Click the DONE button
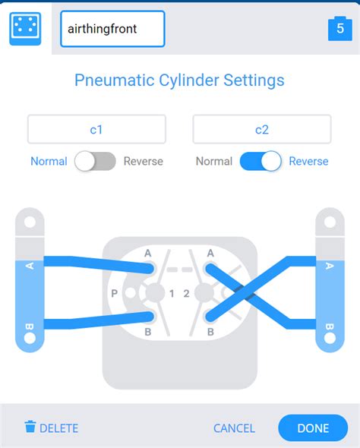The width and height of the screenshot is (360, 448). pyautogui.click(x=313, y=428)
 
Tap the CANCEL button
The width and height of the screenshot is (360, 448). pyautogui.click(x=234, y=428)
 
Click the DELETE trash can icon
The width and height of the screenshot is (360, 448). pyautogui.click(x=30, y=427)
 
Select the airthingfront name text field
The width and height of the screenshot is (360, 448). pyautogui.click(x=112, y=29)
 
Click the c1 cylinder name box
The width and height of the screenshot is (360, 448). pyautogui.click(x=96, y=129)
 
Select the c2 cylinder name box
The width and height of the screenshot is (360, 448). pyautogui.click(x=262, y=129)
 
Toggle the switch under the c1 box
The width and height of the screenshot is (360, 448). pyautogui.click(x=95, y=161)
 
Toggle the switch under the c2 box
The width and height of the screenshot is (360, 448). pyautogui.click(x=261, y=161)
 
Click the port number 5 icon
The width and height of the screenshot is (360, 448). pyautogui.click(x=340, y=29)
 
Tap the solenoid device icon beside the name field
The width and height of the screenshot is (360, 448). pyautogui.click(x=25, y=29)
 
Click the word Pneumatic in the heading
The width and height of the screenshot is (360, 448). pyautogui.click(x=114, y=80)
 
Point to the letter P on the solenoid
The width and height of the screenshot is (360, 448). pyautogui.click(x=114, y=293)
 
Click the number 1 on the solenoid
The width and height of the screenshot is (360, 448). pyautogui.click(x=172, y=293)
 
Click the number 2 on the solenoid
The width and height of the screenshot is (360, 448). pyautogui.click(x=186, y=293)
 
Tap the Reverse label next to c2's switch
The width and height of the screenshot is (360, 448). pyautogui.click(x=308, y=161)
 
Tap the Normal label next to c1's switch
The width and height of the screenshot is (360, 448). pyautogui.click(x=49, y=161)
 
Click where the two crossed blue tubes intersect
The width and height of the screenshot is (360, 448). pyautogui.click(x=244, y=292)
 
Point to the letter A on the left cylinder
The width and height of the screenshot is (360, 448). pyautogui.click(x=30, y=266)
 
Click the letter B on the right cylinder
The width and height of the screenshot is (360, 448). pyautogui.click(x=330, y=327)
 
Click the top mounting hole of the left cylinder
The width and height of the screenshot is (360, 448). pyautogui.click(x=30, y=222)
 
